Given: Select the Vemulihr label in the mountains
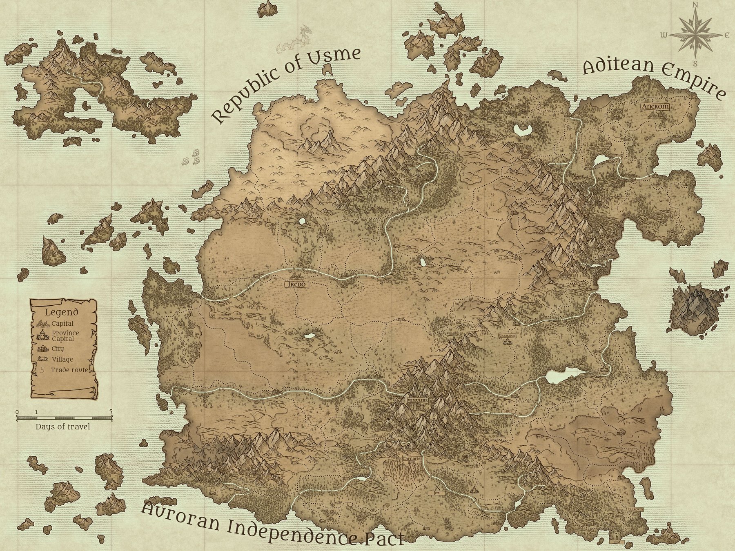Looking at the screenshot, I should pyautogui.click(x=417, y=401).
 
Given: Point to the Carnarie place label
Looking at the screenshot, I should pyautogui.click(x=412, y=458).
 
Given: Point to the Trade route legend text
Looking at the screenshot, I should pyautogui.click(x=69, y=370).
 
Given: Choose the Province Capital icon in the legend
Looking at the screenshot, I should pyautogui.click(x=42, y=335).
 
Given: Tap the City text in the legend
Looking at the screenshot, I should pyautogui.click(x=58, y=349).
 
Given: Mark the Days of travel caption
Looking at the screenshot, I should pyautogui.click(x=62, y=427).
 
